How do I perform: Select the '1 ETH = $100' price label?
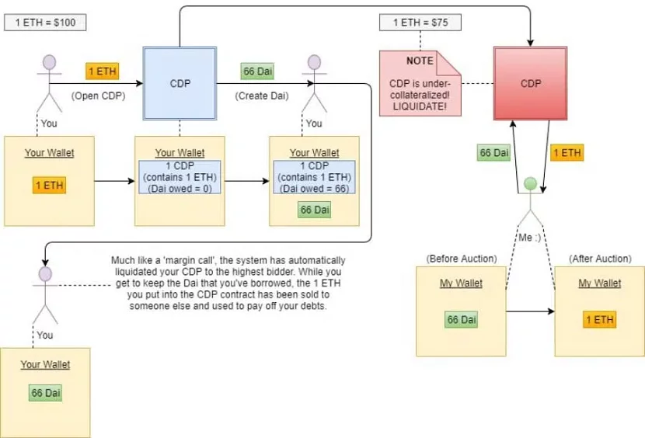coord(44,23)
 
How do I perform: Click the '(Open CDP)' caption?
coord(98,97)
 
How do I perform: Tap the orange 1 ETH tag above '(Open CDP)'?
coord(103,71)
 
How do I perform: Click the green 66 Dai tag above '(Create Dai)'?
coord(258,71)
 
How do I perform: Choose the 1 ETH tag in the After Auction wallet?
coord(599,319)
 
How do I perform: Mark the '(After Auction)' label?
coord(595,258)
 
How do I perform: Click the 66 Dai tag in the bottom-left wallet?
coord(46,393)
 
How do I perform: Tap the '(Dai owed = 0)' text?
coord(180,189)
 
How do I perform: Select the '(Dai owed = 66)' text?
coord(314,189)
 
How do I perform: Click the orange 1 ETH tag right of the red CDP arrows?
coord(567,153)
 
